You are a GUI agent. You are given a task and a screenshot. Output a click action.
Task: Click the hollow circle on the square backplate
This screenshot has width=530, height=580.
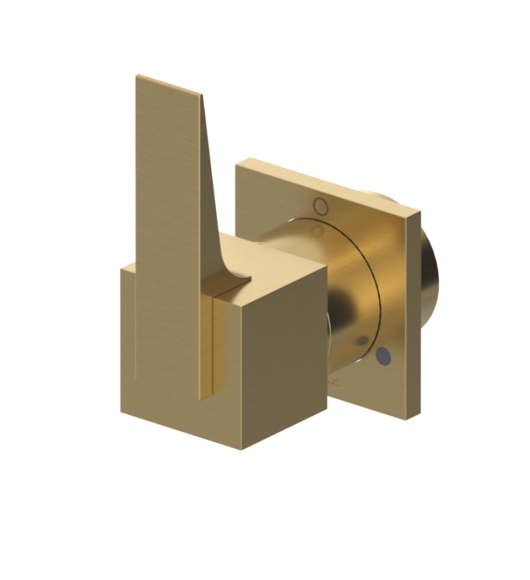(x=321, y=206)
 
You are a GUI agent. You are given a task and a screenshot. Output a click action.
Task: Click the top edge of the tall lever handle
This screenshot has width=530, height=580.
(x=169, y=85)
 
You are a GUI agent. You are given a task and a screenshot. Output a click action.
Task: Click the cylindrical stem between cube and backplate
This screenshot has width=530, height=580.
(x=344, y=287)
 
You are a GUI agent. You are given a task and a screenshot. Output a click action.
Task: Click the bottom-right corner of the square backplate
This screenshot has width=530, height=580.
(x=405, y=418)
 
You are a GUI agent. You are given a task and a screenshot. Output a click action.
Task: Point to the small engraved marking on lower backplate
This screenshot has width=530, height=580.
(x=334, y=382)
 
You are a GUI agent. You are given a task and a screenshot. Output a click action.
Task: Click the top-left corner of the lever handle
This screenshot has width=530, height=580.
(x=137, y=76)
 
